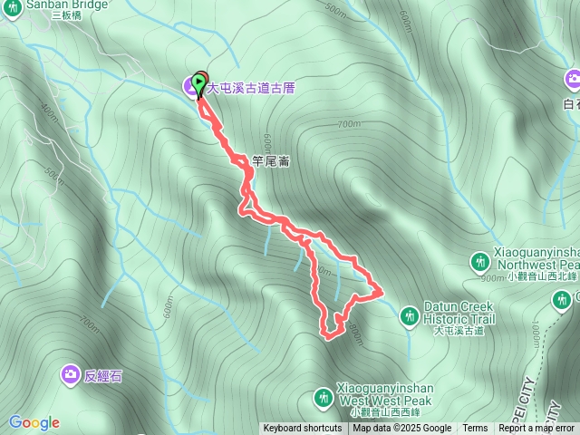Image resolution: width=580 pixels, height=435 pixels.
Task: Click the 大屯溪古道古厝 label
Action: [251, 89]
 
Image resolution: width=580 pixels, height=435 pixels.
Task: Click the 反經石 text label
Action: [103, 376]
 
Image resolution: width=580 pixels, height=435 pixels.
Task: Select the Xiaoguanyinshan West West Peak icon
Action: [323, 397]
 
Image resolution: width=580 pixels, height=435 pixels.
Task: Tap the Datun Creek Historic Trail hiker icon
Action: [410, 314]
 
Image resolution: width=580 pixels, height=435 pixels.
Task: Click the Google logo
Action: [34, 422]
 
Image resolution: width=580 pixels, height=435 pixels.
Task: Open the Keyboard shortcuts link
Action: [303, 429]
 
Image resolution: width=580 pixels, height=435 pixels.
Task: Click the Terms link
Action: [475, 429]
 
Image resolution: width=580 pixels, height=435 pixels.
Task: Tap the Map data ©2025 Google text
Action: [401, 429]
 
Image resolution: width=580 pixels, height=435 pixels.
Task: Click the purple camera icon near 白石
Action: [572, 81]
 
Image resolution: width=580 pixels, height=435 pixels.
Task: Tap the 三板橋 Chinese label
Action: [67, 15]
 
